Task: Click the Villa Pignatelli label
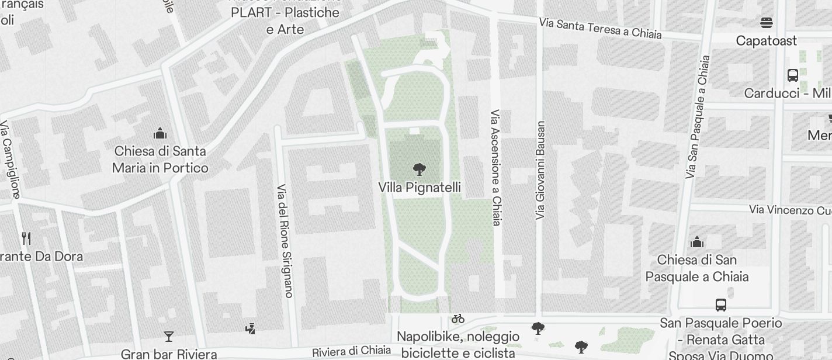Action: click(x=420, y=188)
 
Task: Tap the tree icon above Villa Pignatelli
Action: click(x=419, y=170)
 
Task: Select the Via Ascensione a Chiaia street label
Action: click(x=496, y=167)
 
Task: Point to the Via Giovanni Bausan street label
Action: click(x=540, y=171)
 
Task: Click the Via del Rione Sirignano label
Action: click(x=284, y=241)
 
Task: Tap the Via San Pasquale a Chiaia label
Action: click(x=697, y=117)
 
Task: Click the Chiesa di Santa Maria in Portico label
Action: click(x=160, y=160)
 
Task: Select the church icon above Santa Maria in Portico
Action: click(x=160, y=134)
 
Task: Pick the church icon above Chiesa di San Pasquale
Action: click(x=696, y=242)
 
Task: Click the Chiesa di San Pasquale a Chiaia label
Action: click(x=696, y=268)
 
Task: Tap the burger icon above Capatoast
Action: click(x=767, y=23)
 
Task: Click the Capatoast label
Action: click(x=767, y=41)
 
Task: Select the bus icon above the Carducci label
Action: click(x=793, y=75)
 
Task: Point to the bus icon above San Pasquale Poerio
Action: click(x=721, y=304)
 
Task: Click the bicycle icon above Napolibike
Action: click(x=458, y=319)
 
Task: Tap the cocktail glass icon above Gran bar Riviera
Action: click(x=169, y=336)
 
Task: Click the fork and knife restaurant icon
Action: click(x=26, y=238)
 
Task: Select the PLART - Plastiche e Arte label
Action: click(x=285, y=20)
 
